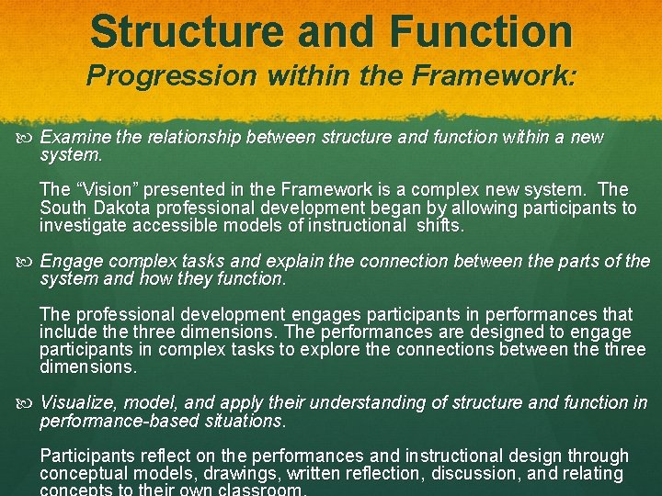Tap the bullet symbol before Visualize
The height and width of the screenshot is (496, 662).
click(x=27, y=403)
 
